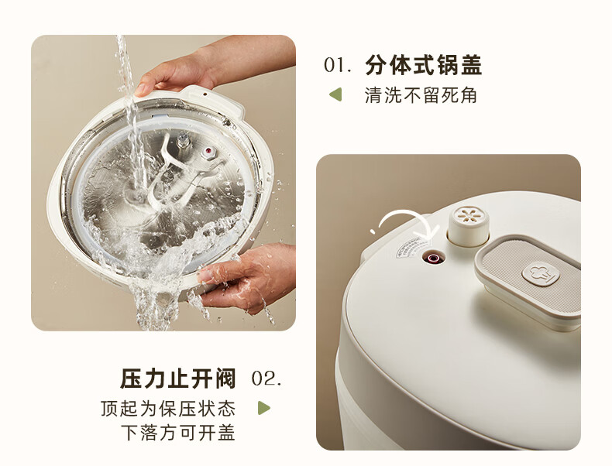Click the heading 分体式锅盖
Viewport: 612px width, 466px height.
point(424,65)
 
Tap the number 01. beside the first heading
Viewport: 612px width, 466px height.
point(338,65)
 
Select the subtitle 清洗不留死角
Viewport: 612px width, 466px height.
point(421,95)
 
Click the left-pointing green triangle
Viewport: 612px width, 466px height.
point(335,94)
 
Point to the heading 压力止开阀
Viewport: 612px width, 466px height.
point(178,379)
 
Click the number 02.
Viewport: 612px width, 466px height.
point(266,379)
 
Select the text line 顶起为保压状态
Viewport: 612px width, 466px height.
point(168,408)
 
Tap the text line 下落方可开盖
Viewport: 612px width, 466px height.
point(178,433)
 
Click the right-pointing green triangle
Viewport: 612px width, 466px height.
point(264,408)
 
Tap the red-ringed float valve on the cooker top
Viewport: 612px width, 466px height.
point(433,258)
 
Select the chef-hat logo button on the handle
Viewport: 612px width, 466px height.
point(541,273)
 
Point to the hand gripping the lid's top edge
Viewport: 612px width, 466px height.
point(213,67)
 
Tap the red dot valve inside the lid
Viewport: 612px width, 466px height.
point(208,151)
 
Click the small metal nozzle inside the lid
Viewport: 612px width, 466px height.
point(183,140)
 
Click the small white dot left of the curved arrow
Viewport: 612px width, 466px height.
point(373,231)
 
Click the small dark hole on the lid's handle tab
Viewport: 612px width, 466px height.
point(205,94)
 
